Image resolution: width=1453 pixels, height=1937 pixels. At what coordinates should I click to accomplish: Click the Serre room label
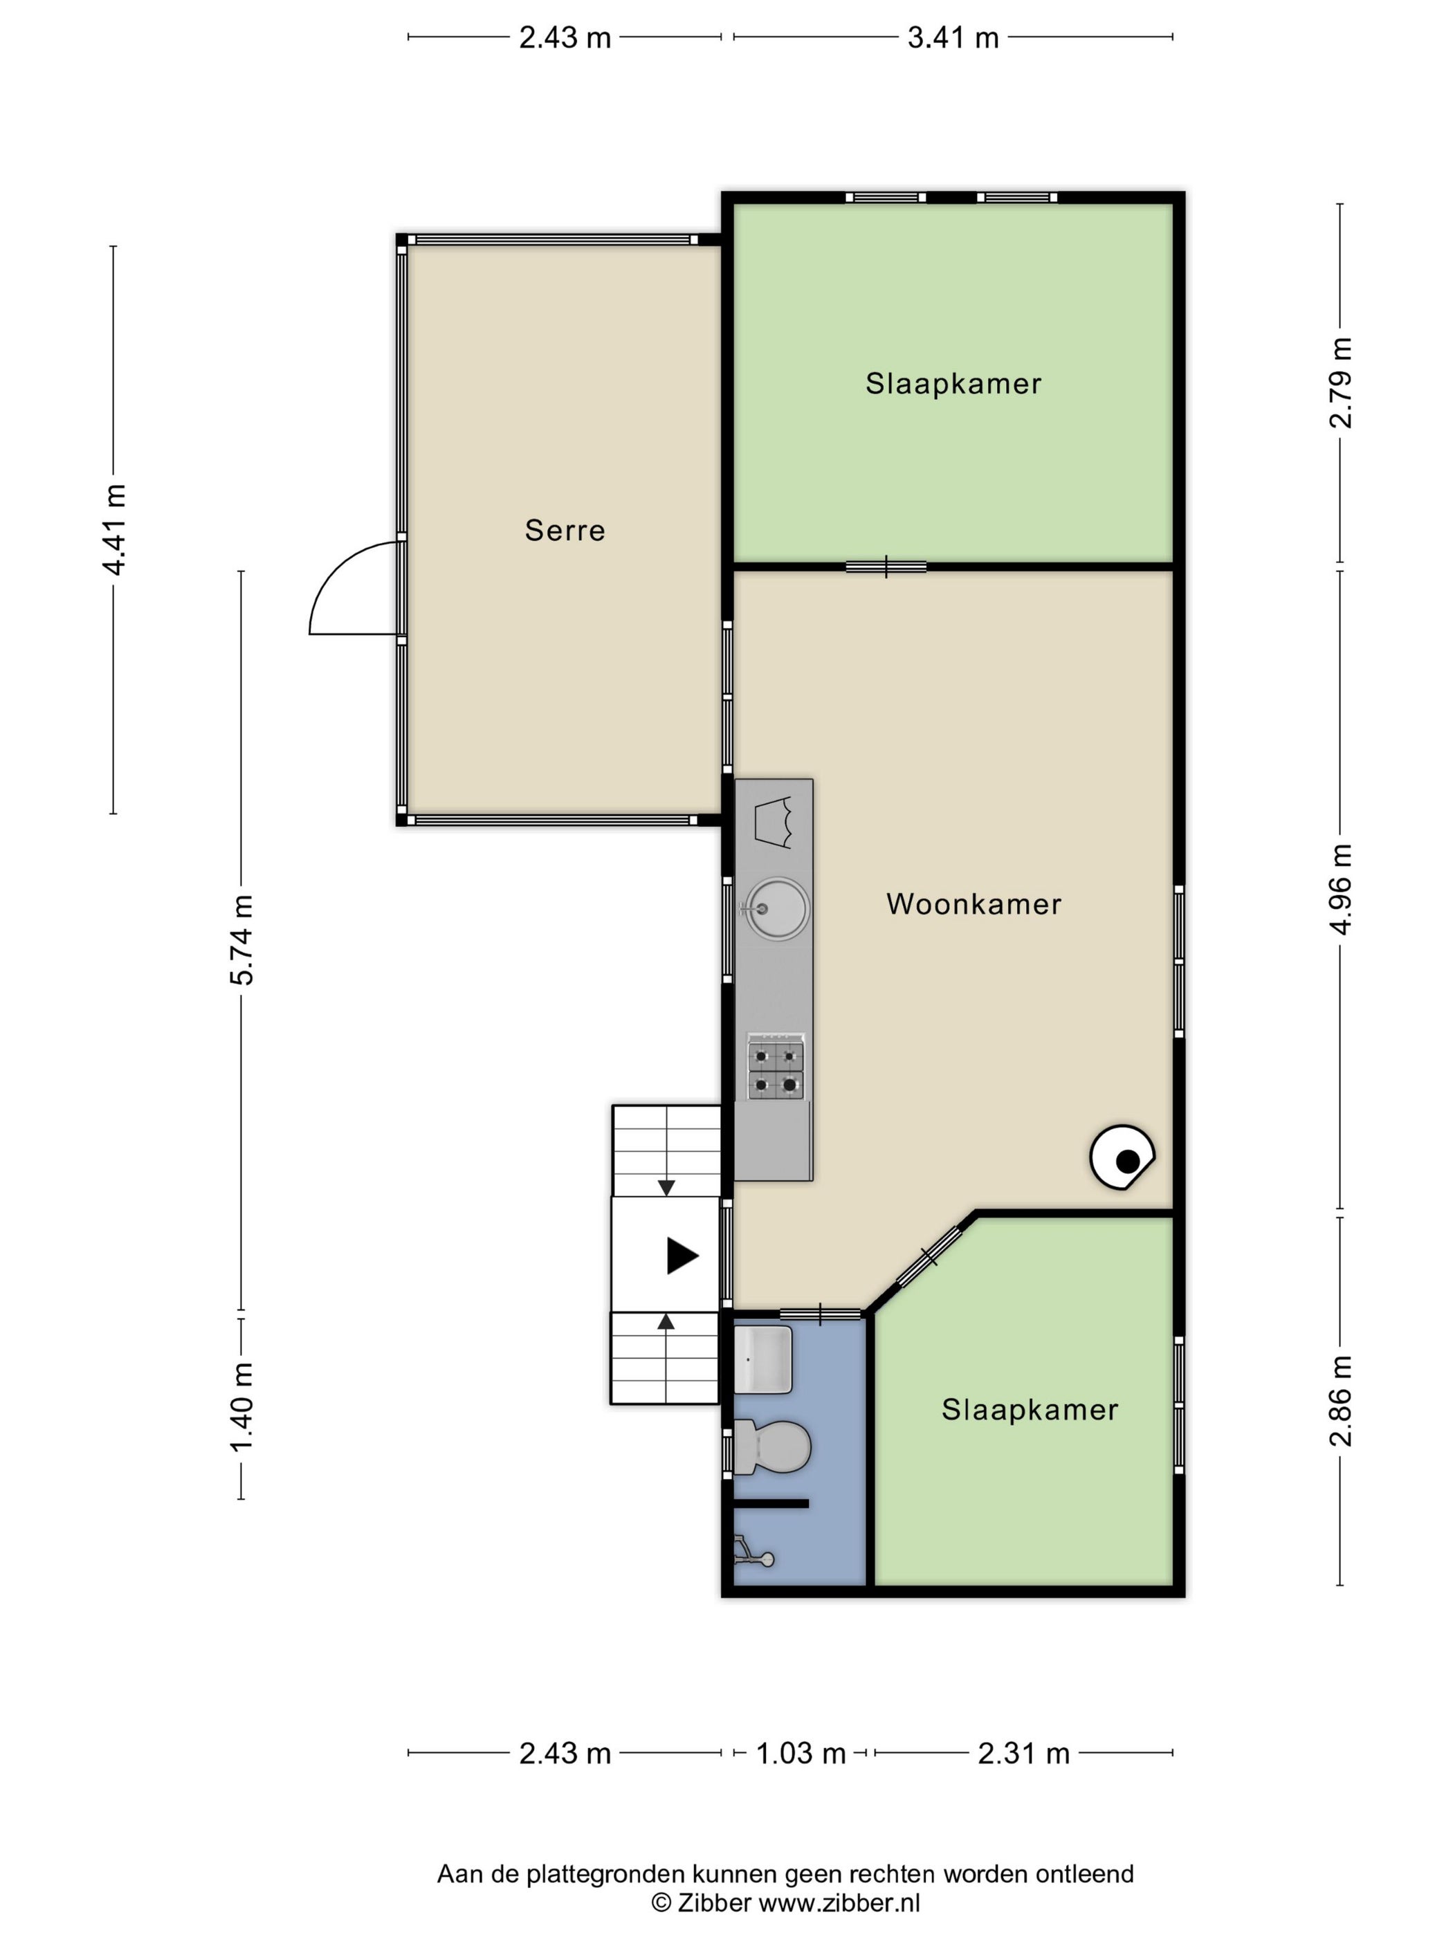coord(565,530)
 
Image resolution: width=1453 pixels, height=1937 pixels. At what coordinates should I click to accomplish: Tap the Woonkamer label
coord(974,903)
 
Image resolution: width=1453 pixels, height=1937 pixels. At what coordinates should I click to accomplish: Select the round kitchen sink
coord(776,909)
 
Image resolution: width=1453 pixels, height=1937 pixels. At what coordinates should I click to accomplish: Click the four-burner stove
coord(775,1067)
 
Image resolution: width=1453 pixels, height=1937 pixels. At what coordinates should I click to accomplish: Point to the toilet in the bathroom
coord(771,1446)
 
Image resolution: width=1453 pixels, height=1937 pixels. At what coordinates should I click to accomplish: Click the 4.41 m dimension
coord(114,530)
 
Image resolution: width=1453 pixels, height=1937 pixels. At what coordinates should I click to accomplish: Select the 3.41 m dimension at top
coord(953,37)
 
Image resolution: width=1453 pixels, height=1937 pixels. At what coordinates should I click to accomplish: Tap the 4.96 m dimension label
coord(1341,890)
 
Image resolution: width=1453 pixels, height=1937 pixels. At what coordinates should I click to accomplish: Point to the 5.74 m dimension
coord(241,940)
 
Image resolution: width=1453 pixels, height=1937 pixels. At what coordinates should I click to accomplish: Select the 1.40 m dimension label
coord(241,1406)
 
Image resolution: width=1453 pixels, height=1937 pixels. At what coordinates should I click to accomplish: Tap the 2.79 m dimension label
coord(1341,383)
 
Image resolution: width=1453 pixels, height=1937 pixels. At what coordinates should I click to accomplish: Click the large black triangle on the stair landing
coord(682,1255)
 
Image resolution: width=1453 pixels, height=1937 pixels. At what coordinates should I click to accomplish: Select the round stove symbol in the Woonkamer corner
coord(1122,1157)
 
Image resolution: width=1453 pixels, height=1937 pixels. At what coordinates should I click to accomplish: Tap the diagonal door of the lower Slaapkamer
coord(929,1258)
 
